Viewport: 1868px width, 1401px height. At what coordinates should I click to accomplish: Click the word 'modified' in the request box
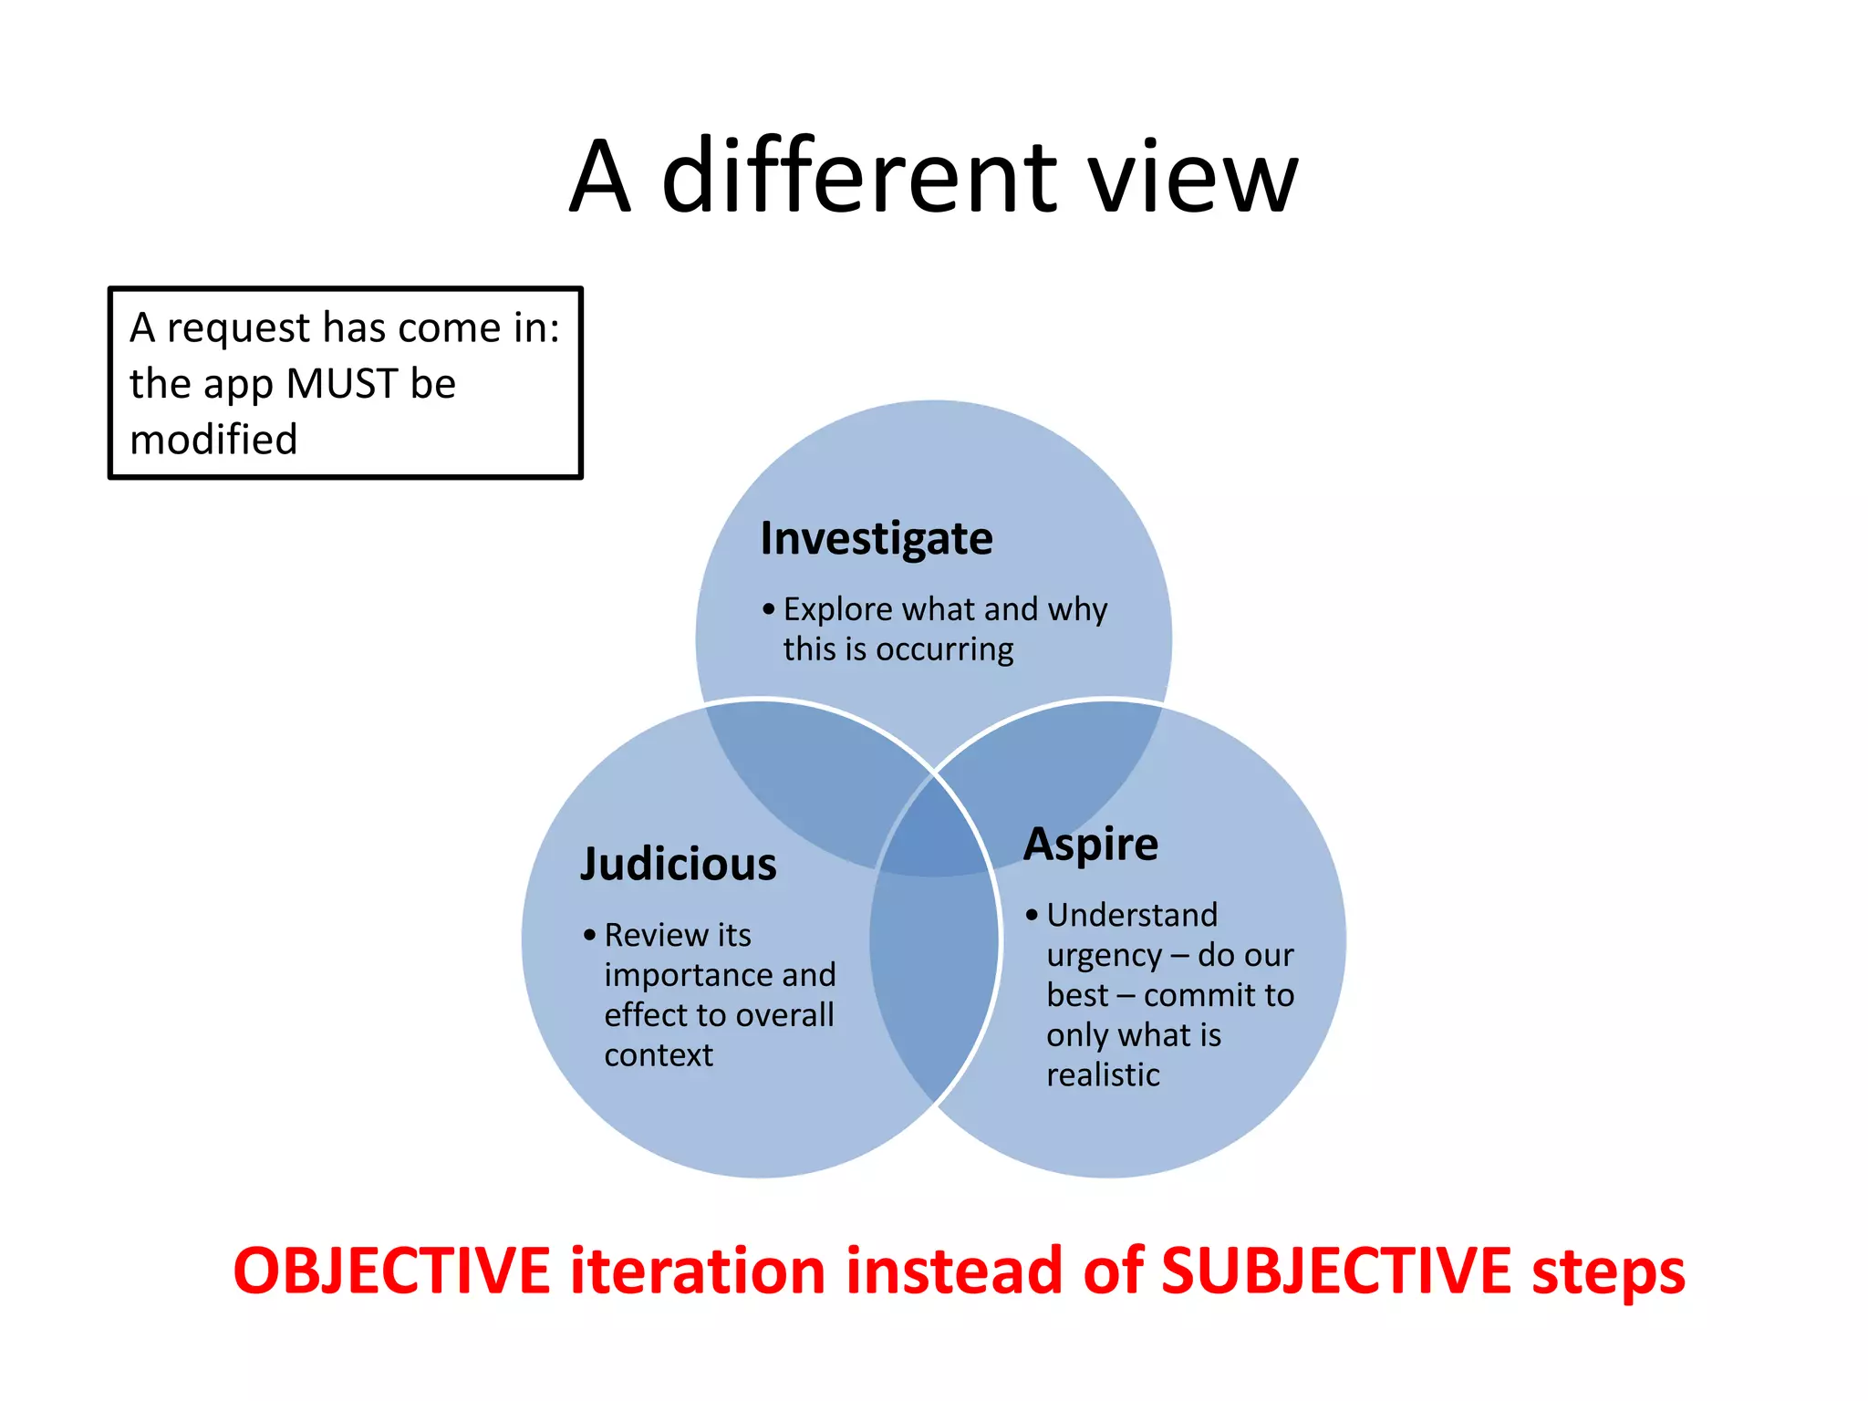(x=213, y=440)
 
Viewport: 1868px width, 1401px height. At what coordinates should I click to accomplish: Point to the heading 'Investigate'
(x=876, y=538)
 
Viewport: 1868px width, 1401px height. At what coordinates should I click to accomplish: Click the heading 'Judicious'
(x=678, y=864)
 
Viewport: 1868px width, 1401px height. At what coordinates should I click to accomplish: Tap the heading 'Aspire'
(x=1090, y=844)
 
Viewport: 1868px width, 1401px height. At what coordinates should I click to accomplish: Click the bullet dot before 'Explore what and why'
(x=769, y=608)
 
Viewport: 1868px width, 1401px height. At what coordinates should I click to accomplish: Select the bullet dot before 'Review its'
(x=589, y=935)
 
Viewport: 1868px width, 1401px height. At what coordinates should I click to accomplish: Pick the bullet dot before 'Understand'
(x=1032, y=915)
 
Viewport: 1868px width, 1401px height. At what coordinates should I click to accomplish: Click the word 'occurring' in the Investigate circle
(x=944, y=650)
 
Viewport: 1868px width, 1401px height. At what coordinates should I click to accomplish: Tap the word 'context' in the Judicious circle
(x=658, y=1055)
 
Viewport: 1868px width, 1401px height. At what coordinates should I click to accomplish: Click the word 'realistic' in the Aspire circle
(x=1103, y=1075)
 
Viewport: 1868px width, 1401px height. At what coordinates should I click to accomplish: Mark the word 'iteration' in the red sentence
(x=698, y=1271)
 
